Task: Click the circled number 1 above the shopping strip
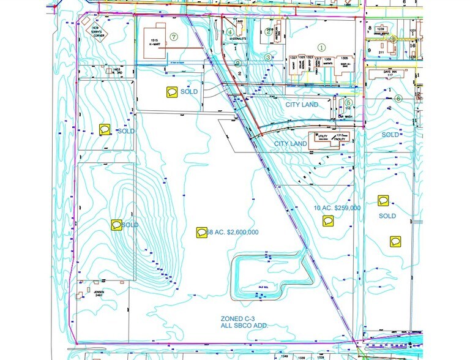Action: tap(321, 47)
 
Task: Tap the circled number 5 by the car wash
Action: tap(348, 103)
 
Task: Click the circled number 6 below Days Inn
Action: tap(398, 98)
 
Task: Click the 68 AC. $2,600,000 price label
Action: tap(233, 233)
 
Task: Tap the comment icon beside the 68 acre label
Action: tap(201, 233)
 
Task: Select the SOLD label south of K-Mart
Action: tap(189, 92)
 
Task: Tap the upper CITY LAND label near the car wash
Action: tap(301, 105)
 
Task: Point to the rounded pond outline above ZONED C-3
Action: tap(270, 277)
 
